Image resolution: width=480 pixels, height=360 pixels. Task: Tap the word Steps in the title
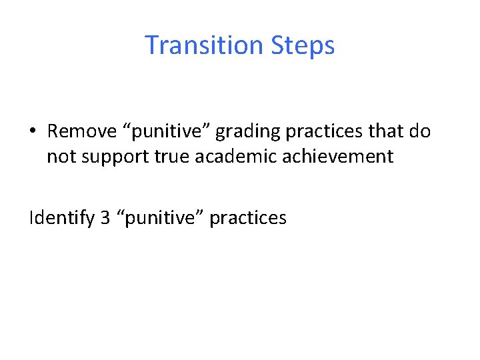(303, 45)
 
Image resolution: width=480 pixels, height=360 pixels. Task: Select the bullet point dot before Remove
(33, 131)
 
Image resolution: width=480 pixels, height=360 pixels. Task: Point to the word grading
(243, 132)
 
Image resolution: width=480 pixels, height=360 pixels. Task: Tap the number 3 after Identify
(105, 217)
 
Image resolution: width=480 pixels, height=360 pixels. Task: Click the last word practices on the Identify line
(248, 219)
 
